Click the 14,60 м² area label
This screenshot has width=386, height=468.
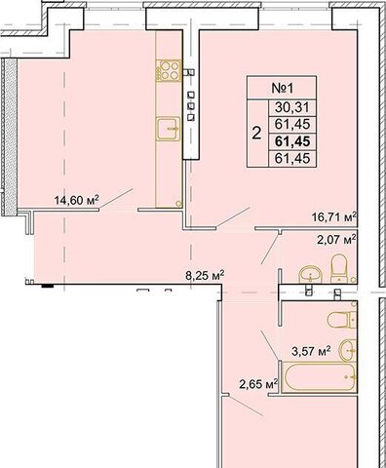pos(76,200)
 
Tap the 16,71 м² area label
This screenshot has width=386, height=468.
pos(334,216)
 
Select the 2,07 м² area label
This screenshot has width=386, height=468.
pos(336,240)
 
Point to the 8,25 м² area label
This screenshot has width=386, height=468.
pos(205,276)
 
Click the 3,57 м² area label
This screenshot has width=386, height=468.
pos(311,351)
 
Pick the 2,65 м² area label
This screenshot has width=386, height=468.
pos(258,384)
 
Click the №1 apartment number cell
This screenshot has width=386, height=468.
pos(282,88)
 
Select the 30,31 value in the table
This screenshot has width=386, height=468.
pos(292,107)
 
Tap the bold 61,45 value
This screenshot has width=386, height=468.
pos(292,141)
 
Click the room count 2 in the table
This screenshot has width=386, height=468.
pos(256,133)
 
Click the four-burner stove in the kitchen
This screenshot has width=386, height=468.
pos(169,70)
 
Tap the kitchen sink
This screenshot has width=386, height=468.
pos(168,129)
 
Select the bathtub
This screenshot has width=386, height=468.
pos(319,376)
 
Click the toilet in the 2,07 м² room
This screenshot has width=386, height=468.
pos(339,268)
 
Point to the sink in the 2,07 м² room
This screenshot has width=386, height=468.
pos(310,274)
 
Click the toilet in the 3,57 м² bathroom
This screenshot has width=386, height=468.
pos(342,320)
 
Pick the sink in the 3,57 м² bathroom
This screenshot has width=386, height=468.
pos(348,350)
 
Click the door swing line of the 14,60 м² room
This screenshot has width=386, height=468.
pos(116,198)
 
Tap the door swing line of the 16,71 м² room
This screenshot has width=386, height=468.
pos(233,216)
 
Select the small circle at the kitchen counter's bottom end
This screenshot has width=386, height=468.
pos(178,204)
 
